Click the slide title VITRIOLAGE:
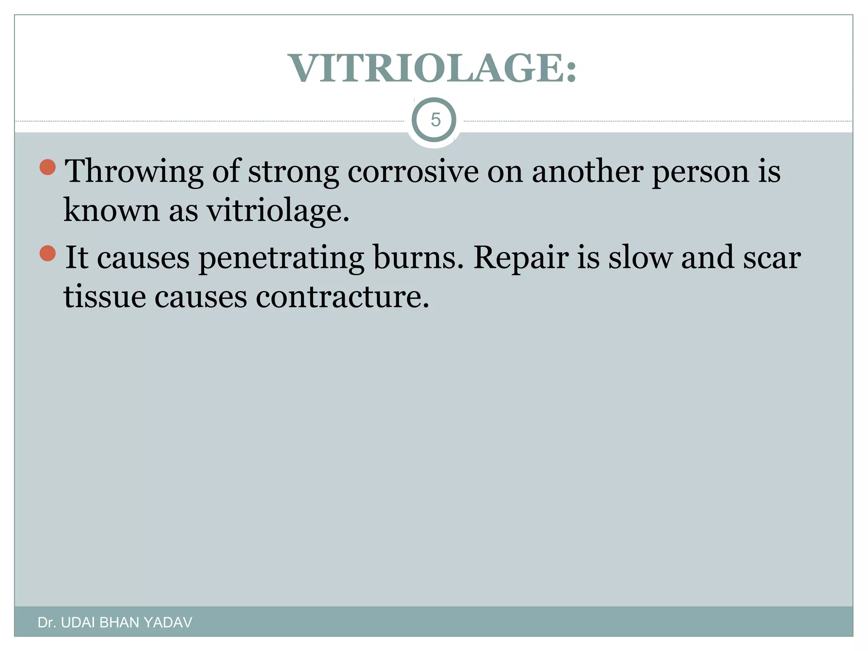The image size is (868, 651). pos(432,68)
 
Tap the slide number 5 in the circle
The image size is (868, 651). pos(435,120)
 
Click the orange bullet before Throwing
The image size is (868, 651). pos(47,167)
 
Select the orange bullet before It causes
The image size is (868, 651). pos(47,253)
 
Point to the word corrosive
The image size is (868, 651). pos(413,172)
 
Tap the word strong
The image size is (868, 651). pos(293,172)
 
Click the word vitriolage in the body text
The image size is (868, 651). pos(278,211)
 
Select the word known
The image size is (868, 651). pos(111,211)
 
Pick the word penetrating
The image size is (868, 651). pos(281,258)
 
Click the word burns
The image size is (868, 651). pos(418,257)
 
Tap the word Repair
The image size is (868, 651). pos(521,258)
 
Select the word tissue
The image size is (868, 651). pos(104,296)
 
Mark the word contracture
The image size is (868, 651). pos(342,296)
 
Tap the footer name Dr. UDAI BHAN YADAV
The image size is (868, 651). pos(115,623)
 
